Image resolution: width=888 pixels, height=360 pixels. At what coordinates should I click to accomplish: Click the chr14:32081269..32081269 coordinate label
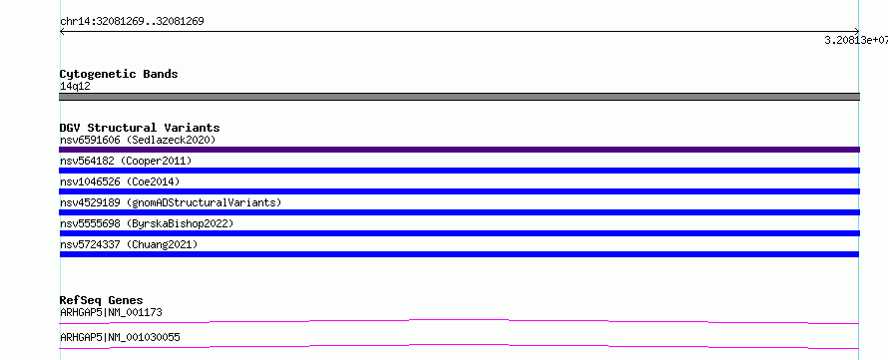coord(132,22)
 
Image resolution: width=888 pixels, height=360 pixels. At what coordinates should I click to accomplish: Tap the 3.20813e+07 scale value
coord(856,40)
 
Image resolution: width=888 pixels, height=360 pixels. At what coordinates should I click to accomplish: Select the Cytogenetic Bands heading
coord(119,74)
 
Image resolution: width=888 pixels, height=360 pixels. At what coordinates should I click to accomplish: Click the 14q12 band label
coord(75,87)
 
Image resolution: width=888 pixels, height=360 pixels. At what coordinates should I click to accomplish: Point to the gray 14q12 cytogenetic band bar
coord(459,97)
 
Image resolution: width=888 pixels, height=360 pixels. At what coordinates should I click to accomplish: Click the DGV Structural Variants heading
coord(140,128)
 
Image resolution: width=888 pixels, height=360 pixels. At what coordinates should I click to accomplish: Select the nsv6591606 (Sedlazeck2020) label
coord(138,140)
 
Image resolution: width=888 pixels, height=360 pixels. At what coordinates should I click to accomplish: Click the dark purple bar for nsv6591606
coord(459,150)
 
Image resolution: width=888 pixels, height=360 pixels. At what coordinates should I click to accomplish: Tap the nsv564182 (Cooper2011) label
coord(126,161)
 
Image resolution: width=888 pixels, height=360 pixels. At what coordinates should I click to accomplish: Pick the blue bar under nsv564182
coord(459,171)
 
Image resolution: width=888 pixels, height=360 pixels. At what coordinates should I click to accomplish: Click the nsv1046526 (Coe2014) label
coord(120,181)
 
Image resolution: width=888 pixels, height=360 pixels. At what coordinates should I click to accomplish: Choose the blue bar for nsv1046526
coord(459,191)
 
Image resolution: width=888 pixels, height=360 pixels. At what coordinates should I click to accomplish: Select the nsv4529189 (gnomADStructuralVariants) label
coord(171,202)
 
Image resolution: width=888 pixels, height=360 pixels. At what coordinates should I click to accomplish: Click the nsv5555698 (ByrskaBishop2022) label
coord(147,223)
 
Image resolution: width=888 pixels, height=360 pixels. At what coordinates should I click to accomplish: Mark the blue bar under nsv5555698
coord(459,233)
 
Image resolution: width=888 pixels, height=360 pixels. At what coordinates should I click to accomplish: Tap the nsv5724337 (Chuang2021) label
coord(129,244)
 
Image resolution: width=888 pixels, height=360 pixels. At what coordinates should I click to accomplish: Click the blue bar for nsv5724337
coord(459,254)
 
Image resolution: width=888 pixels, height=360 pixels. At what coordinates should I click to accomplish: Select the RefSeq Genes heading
coord(101,300)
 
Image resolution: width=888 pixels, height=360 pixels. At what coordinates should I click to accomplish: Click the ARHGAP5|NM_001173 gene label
coord(111,312)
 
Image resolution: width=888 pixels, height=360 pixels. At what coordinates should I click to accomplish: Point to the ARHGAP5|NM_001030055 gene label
coord(120,337)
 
